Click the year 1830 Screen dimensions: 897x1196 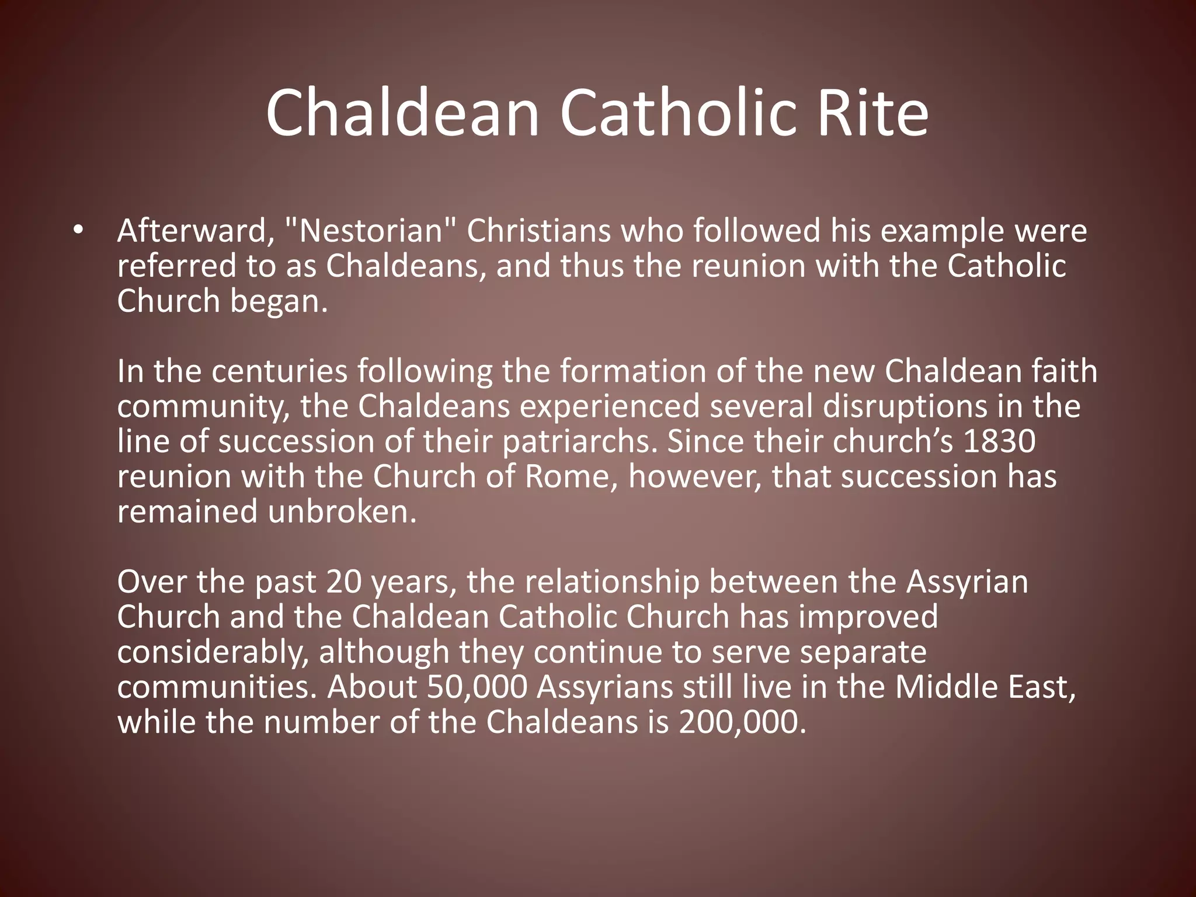pyautogui.click(x=999, y=441)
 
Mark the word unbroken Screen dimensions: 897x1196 pyautogui.click(x=342, y=512)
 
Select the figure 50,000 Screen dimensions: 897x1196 pyautogui.click(x=477, y=687)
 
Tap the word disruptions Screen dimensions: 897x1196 pyautogui.click(x=905, y=406)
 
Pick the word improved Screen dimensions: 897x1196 pyautogui.click(x=868, y=617)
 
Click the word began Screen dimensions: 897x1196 pyautogui.click(x=274, y=301)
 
